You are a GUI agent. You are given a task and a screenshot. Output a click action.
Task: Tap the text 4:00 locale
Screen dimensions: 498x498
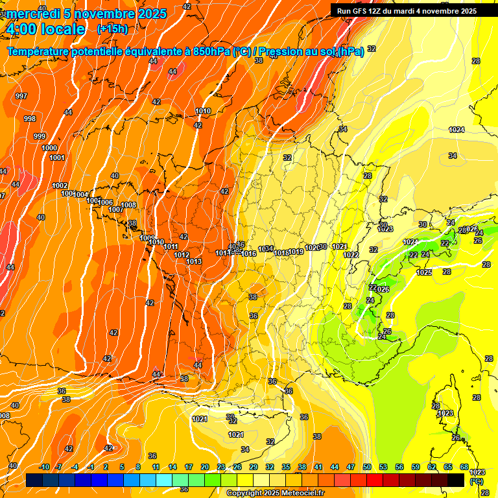pos(45,29)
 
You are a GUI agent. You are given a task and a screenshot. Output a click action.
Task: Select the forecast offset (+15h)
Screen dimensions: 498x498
pos(112,29)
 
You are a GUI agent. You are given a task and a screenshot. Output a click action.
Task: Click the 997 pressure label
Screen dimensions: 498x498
pos(21,96)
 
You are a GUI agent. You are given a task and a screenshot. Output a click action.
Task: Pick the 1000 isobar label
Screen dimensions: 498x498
pos(49,148)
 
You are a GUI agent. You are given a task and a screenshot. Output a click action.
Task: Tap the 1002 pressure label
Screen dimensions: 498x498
pos(60,185)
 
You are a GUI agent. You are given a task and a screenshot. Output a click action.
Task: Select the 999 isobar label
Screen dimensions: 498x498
pos(40,136)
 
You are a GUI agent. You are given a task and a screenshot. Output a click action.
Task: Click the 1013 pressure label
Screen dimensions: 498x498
pos(194,261)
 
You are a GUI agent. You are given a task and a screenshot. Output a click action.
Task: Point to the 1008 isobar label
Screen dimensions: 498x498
pos(128,205)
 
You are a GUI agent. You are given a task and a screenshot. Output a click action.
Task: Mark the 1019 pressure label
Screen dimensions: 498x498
pos(296,252)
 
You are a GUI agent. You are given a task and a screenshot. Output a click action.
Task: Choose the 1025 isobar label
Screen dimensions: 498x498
pos(424,272)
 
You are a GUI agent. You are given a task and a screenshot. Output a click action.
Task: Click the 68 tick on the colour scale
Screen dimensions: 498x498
pos(464,467)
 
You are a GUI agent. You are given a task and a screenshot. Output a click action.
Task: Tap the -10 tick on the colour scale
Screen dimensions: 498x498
pos(44,467)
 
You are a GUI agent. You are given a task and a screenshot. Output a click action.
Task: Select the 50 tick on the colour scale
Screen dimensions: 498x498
pos(367,467)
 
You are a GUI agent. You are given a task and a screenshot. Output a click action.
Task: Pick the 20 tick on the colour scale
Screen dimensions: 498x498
pos(205,467)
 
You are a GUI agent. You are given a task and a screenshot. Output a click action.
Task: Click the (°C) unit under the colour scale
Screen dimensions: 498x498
pos(477,481)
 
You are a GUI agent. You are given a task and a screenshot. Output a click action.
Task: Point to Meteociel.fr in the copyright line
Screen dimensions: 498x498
pos(302,493)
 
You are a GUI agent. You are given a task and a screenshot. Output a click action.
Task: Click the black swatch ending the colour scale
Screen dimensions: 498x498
pos(456,479)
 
